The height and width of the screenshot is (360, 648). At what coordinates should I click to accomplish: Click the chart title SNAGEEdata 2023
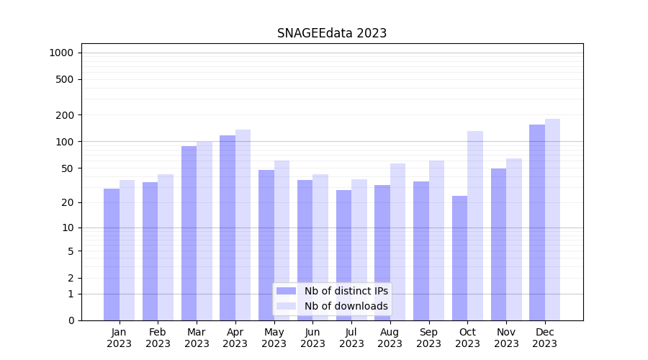tap(332, 33)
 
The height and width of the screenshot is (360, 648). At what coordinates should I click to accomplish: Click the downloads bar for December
tap(552, 220)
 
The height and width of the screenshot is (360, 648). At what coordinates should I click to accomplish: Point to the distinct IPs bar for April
tap(228, 228)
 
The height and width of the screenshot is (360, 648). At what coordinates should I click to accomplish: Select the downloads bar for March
tap(204, 230)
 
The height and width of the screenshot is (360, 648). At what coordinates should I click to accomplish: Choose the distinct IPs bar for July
tap(343, 255)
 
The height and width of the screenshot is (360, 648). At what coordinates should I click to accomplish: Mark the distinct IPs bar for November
tap(498, 244)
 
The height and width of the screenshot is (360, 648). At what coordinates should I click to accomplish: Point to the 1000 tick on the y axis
tap(61, 53)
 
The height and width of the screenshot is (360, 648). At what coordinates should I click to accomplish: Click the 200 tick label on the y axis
tap(66, 115)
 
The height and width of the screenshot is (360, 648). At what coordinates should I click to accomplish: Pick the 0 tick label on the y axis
tap(71, 320)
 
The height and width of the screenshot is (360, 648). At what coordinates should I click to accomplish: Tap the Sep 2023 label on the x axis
tap(428, 338)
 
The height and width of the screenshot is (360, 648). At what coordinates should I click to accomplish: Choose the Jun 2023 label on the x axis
tap(312, 338)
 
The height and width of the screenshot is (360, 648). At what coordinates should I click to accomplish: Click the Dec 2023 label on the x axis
tap(545, 338)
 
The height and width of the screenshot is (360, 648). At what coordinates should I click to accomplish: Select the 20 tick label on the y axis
tap(68, 202)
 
